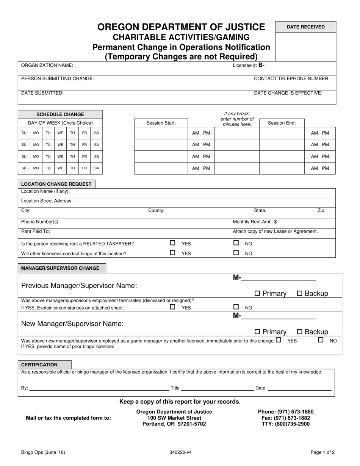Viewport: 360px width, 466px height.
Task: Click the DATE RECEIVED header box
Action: click(x=305, y=27)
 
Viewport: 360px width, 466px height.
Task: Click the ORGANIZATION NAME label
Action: click(x=47, y=65)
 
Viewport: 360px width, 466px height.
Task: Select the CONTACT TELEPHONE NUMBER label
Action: click(x=291, y=78)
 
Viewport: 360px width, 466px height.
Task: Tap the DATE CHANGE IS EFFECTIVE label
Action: click(x=288, y=93)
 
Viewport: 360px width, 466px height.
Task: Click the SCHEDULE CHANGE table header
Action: click(x=60, y=114)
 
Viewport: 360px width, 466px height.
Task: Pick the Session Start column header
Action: click(x=161, y=123)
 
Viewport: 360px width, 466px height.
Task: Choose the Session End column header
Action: click(x=282, y=123)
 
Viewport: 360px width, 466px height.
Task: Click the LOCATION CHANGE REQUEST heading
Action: click(x=56, y=184)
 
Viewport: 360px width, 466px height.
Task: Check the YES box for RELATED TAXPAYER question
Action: click(x=173, y=243)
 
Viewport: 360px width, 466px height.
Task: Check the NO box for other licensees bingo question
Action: click(x=236, y=253)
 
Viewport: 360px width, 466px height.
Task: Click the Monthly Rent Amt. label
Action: click(x=255, y=222)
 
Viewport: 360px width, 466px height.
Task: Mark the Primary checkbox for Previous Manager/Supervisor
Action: click(x=257, y=293)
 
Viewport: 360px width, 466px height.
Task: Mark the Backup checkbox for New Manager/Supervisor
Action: click(x=300, y=332)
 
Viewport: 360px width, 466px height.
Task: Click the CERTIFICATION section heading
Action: click(x=39, y=365)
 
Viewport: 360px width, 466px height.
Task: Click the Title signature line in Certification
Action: click(x=218, y=388)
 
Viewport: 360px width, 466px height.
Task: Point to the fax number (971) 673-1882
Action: click(x=286, y=418)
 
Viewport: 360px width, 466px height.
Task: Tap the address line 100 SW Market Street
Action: click(x=174, y=418)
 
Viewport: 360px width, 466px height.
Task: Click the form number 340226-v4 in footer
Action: click(x=180, y=452)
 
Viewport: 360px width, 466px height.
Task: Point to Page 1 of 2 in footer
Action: click(x=322, y=452)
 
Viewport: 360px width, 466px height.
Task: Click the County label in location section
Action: click(x=156, y=211)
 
